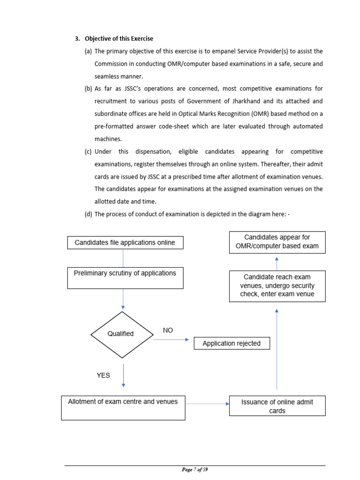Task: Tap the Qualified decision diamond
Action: (x=121, y=334)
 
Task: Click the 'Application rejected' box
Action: (x=232, y=344)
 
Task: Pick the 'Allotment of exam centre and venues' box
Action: (x=123, y=407)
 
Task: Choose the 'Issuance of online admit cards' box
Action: (x=277, y=406)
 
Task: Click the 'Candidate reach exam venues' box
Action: (x=277, y=285)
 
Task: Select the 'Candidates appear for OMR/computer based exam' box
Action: (x=277, y=242)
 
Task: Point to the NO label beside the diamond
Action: (x=168, y=330)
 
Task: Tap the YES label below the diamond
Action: (x=103, y=375)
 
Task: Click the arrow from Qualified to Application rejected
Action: (x=172, y=340)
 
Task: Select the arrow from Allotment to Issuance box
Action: (x=207, y=402)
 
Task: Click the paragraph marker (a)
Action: (x=88, y=51)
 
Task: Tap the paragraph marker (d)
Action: (x=88, y=214)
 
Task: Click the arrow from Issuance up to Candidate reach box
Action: (x=277, y=349)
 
